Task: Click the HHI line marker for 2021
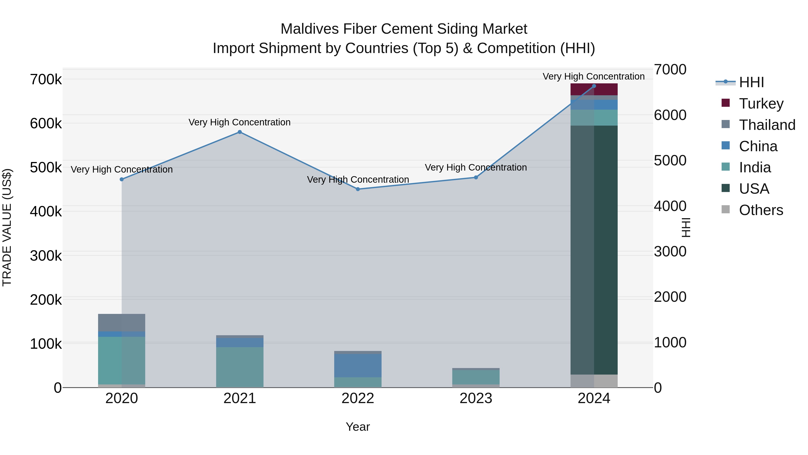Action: (240, 132)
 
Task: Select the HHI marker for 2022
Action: (358, 189)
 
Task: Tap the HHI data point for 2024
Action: (594, 86)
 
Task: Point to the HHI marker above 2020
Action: (122, 179)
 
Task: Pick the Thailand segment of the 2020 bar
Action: (122, 322)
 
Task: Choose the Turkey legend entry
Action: (761, 104)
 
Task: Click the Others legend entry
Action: (761, 210)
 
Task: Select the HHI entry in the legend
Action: (751, 82)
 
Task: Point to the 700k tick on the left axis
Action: (46, 80)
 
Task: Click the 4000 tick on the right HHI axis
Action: (670, 206)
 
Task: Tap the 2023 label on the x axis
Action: (476, 398)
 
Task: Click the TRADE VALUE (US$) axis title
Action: (7, 227)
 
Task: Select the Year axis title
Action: (358, 427)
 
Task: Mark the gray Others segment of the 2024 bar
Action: (594, 381)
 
